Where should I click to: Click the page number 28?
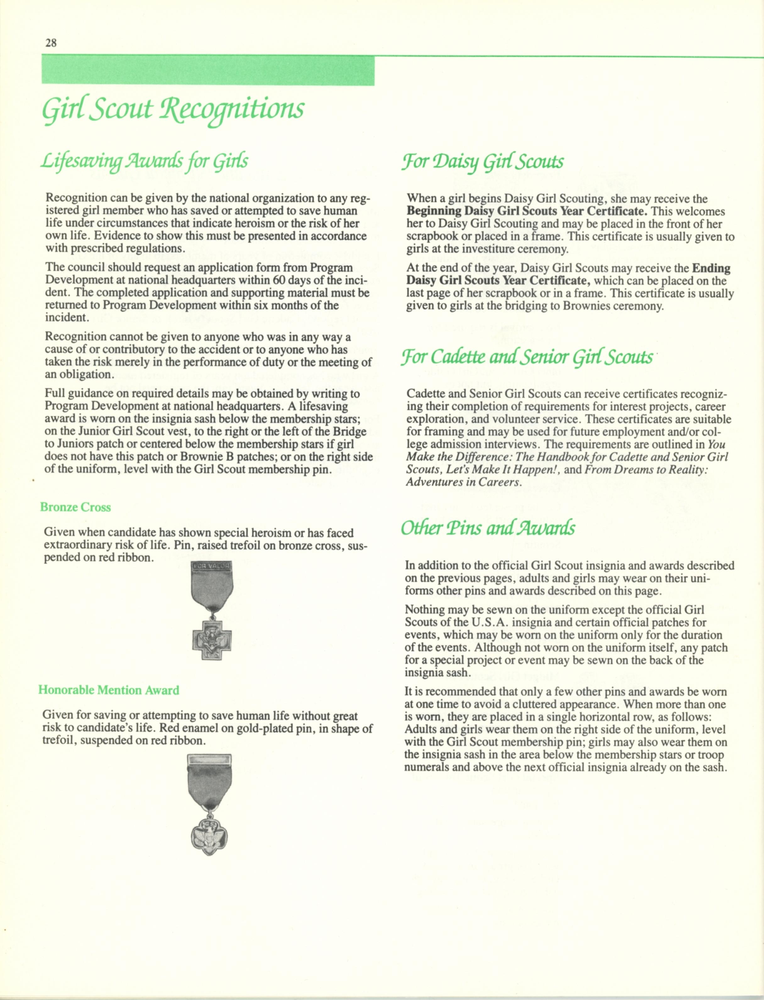(x=51, y=43)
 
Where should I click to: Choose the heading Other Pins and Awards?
(x=487, y=528)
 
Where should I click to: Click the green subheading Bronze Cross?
(x=75, y=507)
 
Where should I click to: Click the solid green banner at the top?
(x=208, y=70)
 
